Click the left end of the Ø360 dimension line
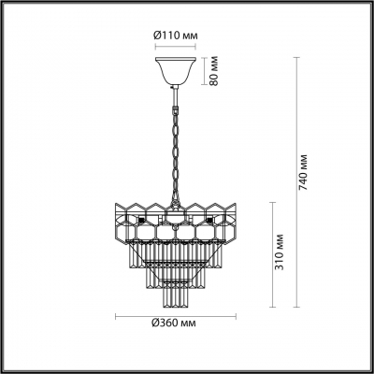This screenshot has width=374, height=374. click(x=115, y=314)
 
